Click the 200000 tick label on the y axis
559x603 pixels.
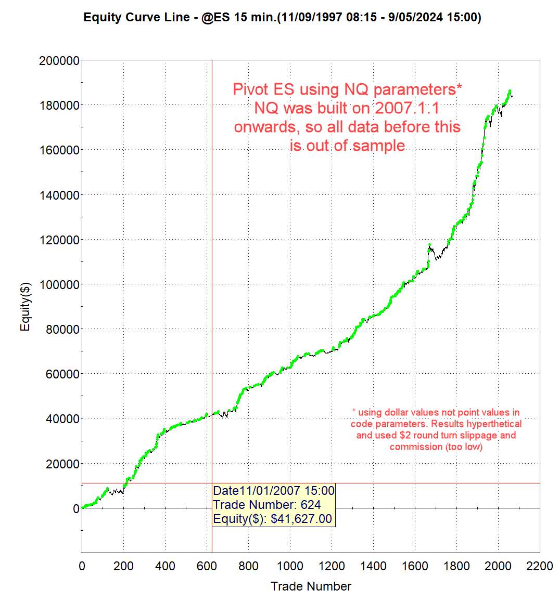pyautogui.click(x=59, y=61)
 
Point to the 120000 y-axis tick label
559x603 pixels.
pyautogui.click(x=59, y=240)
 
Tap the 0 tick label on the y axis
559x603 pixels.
pyautogui.click(x=76, y=509)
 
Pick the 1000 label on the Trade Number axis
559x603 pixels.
pyautogui.click(x=290, y=566)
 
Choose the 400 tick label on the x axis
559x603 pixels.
pyautogui.click(x=165, y=566)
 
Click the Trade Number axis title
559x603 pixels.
pyautogui.click(x=311, y=586)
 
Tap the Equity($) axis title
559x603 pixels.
pyautogui.click(x=25, y=306)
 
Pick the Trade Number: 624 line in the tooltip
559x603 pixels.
pyautogui.click(x=267, y=505)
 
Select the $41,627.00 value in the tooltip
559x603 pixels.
pyautogui.click(x=301, y=519)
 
